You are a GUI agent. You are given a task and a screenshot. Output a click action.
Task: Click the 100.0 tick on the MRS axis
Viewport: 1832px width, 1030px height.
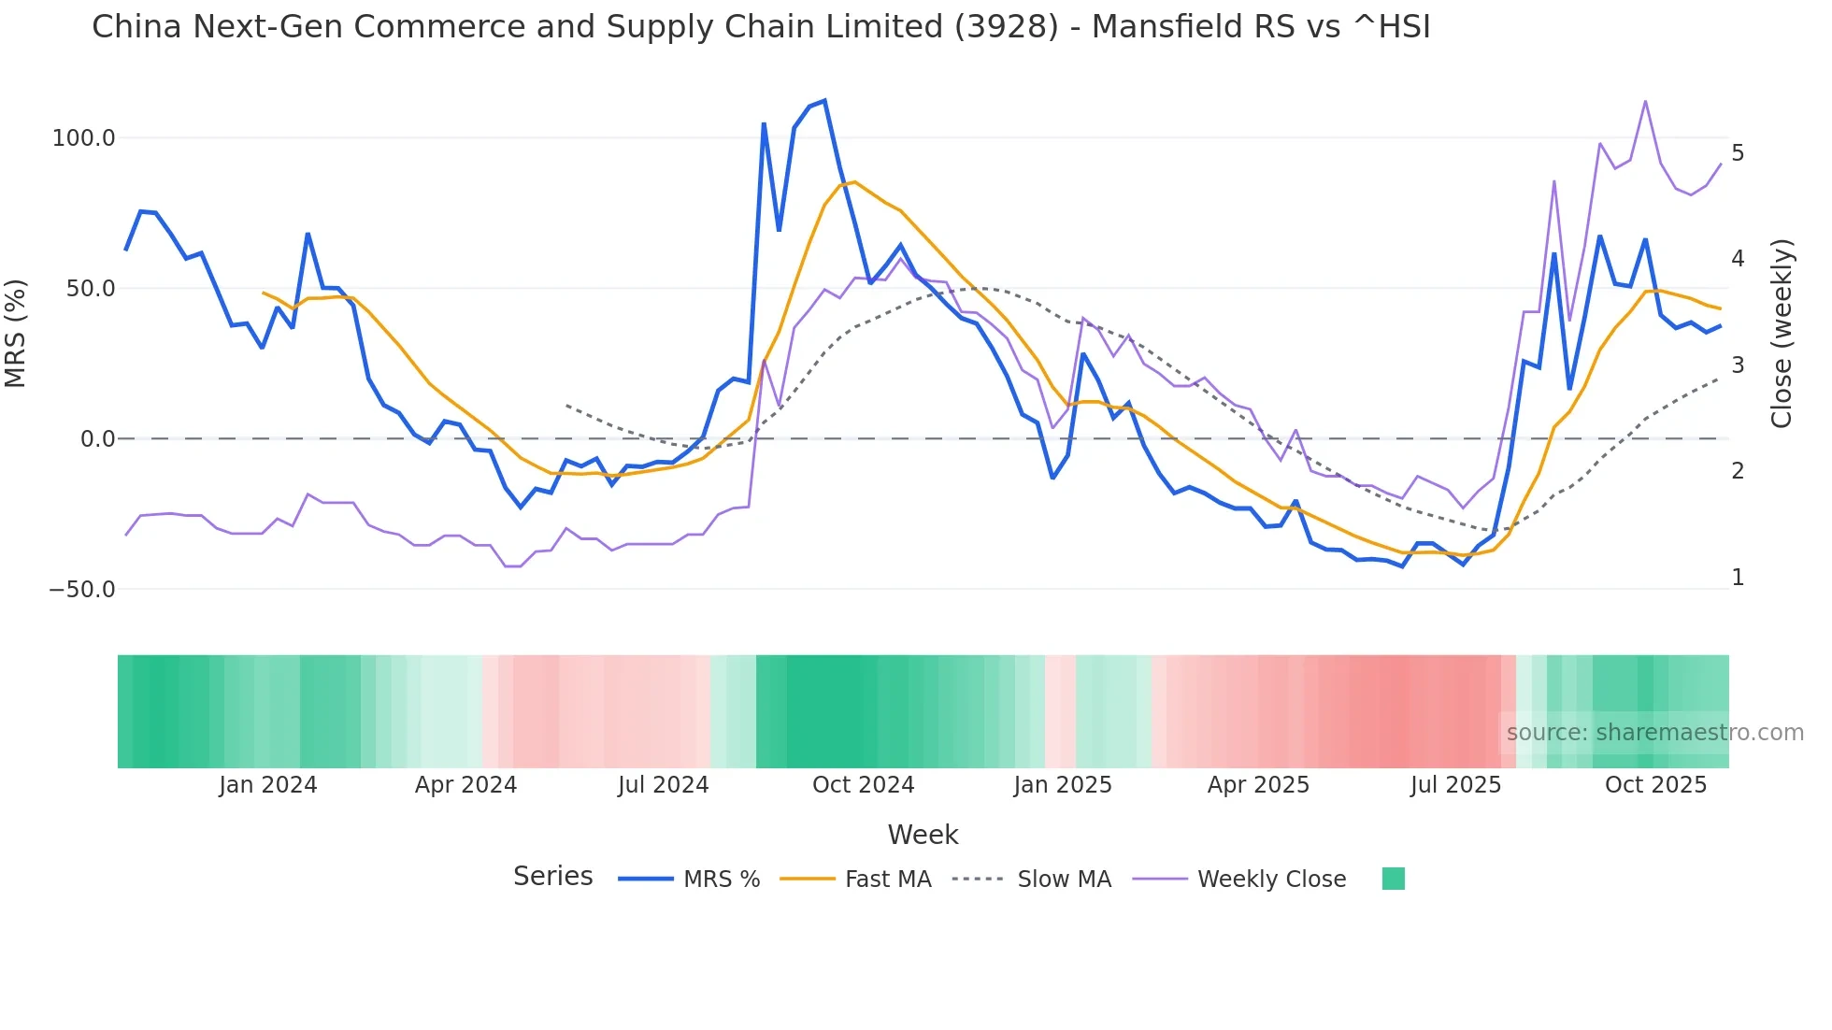point(83,138)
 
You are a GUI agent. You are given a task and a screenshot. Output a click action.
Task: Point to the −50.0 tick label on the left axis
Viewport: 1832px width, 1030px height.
point(81,590)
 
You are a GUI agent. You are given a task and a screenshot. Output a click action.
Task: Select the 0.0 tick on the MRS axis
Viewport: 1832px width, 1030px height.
point(97,439)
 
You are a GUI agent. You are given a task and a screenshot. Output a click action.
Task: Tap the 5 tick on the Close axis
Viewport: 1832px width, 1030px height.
point(1737,152)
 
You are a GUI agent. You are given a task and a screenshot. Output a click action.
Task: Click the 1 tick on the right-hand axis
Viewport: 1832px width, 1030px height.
point(1737,578)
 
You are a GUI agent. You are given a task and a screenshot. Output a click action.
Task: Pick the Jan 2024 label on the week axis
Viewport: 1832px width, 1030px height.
point(267,785)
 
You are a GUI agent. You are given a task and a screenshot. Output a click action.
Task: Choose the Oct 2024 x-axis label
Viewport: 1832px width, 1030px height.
point(863,785)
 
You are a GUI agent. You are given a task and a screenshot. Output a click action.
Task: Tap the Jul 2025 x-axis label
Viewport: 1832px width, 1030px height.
point(1455,785)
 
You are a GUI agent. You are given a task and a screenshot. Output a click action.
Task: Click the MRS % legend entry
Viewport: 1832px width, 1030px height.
point(721,880)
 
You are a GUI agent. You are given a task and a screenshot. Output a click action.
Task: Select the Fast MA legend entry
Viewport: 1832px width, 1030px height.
point(887,880)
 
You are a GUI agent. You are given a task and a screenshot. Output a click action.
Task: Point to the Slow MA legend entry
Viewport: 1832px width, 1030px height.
point(1064,880)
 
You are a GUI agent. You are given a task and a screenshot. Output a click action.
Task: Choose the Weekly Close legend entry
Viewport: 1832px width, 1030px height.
point(1271,880)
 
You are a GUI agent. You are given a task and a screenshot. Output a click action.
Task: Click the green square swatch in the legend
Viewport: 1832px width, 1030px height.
point(1393,879)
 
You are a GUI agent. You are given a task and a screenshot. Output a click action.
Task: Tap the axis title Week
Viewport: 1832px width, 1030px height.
point(923,835)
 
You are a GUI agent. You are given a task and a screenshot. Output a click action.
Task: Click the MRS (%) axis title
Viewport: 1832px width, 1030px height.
point(16,334)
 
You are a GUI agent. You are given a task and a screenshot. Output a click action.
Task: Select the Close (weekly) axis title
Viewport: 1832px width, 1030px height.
point(1782,334)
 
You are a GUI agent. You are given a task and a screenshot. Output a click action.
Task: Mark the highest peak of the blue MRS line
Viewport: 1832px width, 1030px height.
point(823,101)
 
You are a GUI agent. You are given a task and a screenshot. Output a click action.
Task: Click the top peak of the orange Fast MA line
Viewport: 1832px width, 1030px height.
point(854,182)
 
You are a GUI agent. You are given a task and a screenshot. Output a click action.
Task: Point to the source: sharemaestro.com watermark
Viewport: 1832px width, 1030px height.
point(1654,733)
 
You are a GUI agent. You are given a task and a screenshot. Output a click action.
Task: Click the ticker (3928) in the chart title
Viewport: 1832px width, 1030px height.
point(1007,27)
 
